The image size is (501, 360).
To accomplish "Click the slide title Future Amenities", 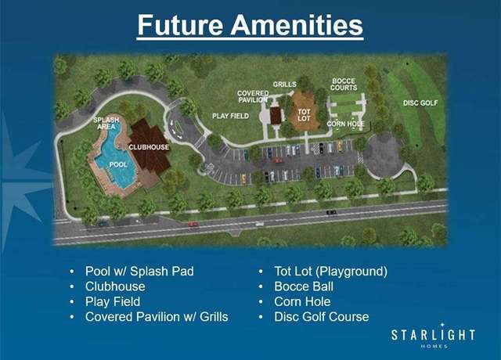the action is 250,25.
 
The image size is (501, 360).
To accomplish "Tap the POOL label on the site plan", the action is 118,165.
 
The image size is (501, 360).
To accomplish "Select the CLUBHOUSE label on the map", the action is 149,147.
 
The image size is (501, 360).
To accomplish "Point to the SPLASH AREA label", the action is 106,124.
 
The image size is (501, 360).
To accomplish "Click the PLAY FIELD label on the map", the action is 231,116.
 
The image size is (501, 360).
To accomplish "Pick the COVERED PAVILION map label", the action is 253,96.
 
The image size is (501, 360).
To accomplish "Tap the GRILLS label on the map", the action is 285,85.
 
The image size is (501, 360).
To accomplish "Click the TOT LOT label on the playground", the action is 304,115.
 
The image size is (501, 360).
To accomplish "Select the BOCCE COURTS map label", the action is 344,85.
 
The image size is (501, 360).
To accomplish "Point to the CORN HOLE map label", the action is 345,124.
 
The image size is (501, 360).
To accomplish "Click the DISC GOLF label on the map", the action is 420,103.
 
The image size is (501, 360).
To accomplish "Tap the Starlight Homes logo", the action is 433,336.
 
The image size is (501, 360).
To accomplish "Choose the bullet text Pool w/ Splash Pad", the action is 139,272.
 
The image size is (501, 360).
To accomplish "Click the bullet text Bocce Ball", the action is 304,286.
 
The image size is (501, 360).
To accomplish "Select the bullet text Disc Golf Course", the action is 322,317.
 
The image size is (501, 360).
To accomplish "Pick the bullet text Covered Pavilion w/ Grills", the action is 157,317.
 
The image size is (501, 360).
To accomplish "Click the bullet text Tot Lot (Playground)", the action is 330,272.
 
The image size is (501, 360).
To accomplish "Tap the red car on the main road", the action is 193,224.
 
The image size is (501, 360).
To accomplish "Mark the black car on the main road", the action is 331,212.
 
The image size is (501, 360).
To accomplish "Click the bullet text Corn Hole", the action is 302,301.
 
